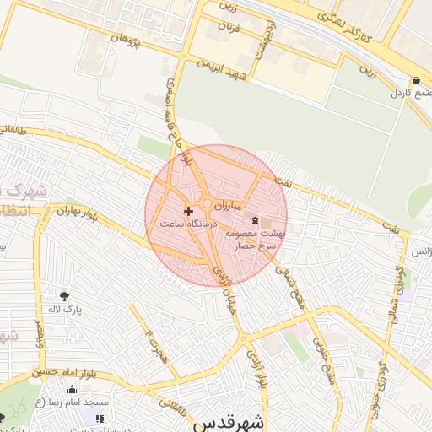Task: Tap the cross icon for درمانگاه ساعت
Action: pyautogui.click(x=187, y=209)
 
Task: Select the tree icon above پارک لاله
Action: pyautogui.click(x=64, y=295)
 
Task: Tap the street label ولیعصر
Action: pyautogui.click(x=38, y=333)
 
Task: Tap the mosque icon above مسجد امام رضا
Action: pyautogui.click(x=72, y=390)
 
